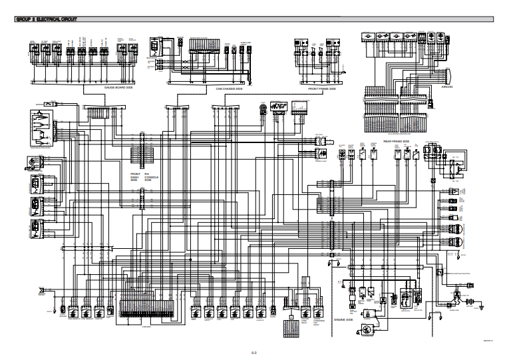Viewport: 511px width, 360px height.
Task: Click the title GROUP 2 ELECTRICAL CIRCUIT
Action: pos(46,19)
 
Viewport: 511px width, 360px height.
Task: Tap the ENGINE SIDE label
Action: pos(343,320)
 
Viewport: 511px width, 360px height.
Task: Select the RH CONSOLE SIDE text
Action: pos(148,176)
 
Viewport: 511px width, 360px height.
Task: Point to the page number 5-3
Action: pos(255,351)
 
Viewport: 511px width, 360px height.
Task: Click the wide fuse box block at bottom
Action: pos(147,307)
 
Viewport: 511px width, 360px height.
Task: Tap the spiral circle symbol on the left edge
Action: pos(31,162)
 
